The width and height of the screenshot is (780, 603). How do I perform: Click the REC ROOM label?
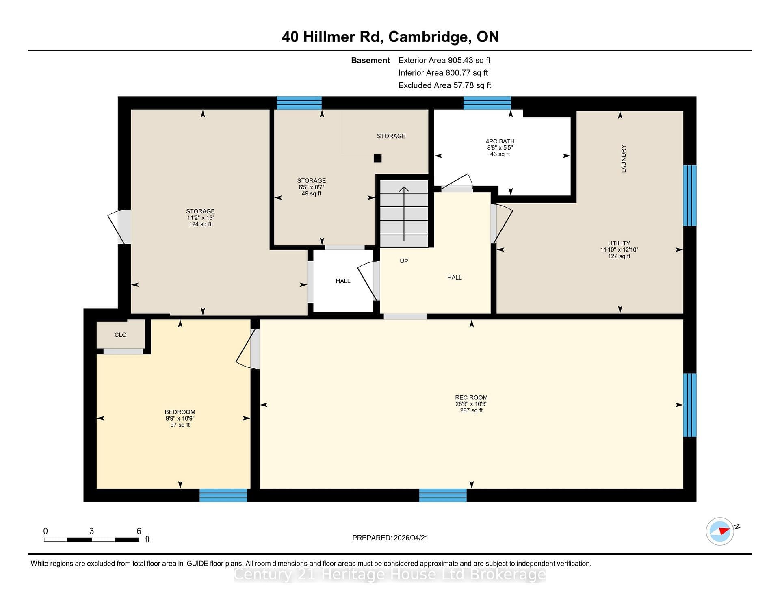[471, 397]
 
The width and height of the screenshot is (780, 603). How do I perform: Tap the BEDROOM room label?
[180, 412]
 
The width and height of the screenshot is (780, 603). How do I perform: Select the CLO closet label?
[121, 334]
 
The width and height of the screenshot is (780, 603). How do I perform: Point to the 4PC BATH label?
[500, 141]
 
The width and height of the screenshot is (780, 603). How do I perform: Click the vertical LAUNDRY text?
[624, 159]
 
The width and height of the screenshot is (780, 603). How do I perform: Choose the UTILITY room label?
[619, 243]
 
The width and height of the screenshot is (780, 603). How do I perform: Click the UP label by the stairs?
[404, 261]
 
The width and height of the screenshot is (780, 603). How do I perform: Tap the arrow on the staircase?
[404, 214]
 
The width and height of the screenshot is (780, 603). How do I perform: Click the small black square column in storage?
[377, 158]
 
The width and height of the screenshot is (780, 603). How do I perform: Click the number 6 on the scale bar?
[139, 531]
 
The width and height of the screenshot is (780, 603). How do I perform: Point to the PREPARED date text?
[390, 538]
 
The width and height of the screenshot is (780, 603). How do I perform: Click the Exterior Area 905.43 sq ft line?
[444, 60]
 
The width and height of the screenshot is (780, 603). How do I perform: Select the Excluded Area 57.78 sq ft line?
[445, 85]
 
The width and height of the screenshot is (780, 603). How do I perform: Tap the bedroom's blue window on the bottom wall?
[223, 495]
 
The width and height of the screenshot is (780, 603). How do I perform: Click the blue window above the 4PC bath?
[487, 103]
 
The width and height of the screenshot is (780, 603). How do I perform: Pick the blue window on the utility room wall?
[690, 195]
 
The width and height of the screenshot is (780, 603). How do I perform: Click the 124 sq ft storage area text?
[200, 224]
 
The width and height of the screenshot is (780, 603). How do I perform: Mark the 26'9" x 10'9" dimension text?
[471, 404]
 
